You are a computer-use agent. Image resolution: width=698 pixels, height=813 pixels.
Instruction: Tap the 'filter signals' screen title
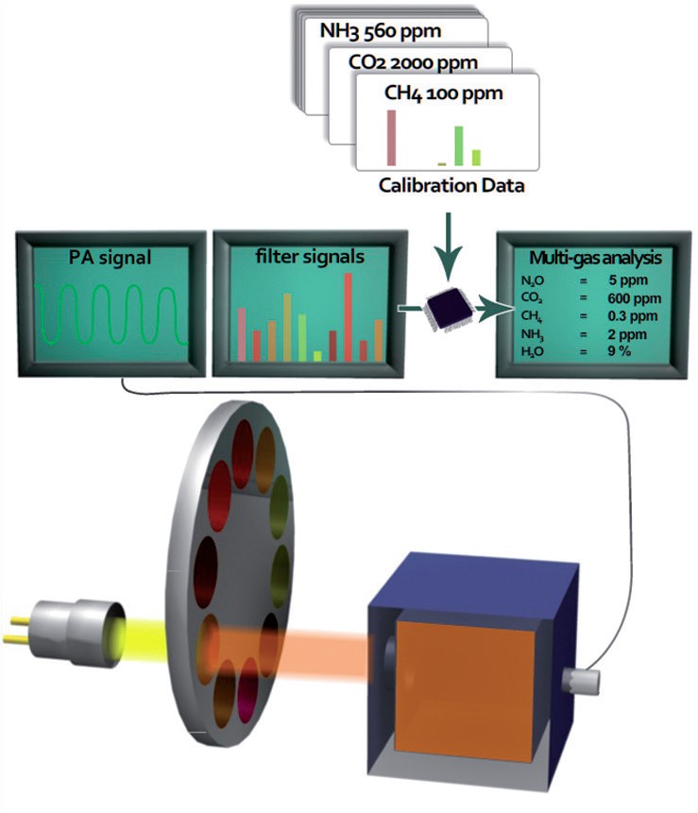309,257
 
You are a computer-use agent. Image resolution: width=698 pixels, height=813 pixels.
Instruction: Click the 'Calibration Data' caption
451,185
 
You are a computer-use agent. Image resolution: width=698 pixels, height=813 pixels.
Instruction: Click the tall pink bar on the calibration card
390,137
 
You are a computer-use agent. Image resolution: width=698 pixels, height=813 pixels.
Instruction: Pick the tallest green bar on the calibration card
458,144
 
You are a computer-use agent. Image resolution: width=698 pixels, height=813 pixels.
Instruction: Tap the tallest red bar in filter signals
348,316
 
